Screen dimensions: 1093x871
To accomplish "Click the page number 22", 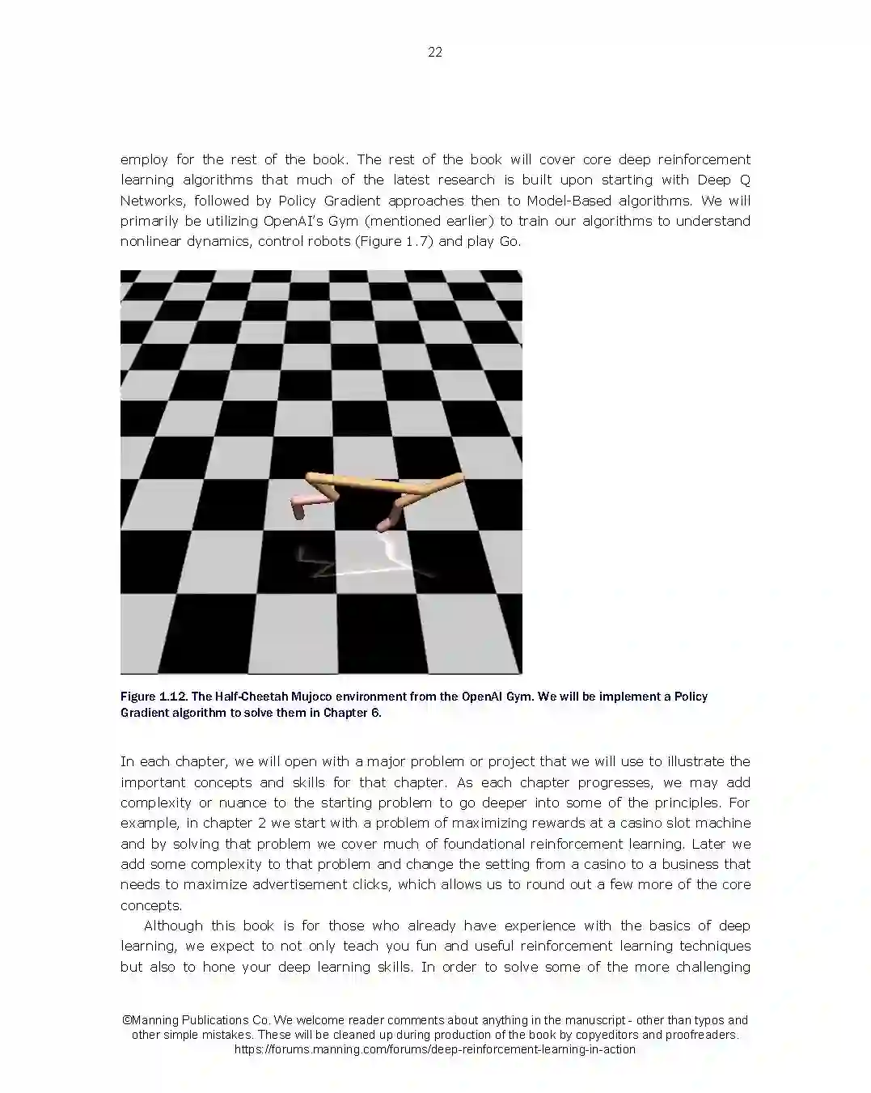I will point(434,53).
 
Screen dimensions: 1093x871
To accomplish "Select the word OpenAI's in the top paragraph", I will point(293,221).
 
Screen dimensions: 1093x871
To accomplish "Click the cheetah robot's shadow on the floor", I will point(364,562).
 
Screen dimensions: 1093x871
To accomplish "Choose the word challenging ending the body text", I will point(712,967).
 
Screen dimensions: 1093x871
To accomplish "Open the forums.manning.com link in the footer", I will point(435,1049).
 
